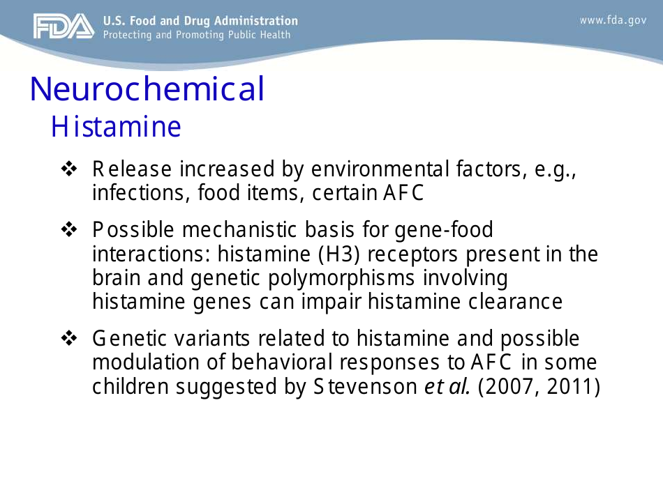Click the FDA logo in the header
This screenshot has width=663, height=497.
[x=63, y=26]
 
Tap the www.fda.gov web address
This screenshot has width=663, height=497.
[x=613, y=20]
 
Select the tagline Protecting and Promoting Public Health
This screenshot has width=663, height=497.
[x=196, y=35]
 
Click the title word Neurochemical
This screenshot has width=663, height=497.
[x=147, y=89]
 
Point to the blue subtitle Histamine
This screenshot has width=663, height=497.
[x=116, y=128]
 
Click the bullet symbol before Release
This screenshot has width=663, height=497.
[x=69, y=169]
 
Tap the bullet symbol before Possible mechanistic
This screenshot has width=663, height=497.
[x=69, y=229]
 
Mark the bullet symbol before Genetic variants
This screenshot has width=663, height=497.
[x=69, y=339]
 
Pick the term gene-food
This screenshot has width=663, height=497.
[x=443, y=229]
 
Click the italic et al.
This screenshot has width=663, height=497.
[x=447, y=387]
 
